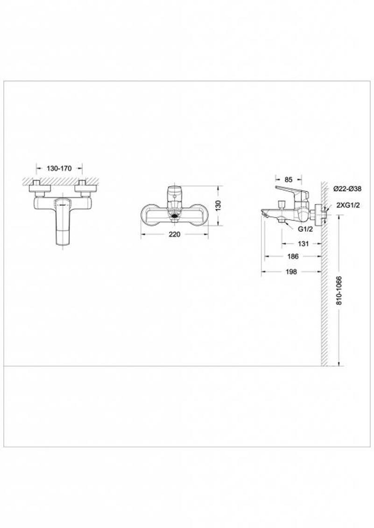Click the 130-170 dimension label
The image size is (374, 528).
tap(59, 168)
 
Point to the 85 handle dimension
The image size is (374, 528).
tap(289, 179)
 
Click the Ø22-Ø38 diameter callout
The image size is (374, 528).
tap(347, 189)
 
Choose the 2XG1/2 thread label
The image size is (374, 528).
tap(348, 206)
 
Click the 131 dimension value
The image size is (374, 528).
tap(303, 243)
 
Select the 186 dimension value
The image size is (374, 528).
tap(293, 257)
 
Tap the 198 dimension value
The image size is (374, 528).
tap(291, 271)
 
